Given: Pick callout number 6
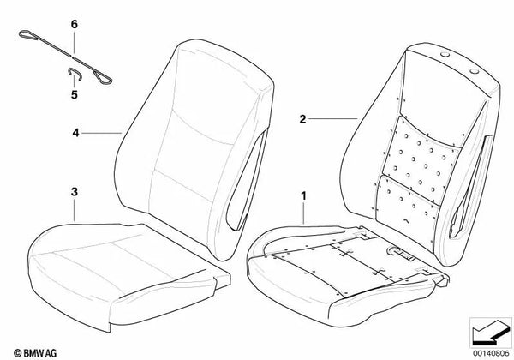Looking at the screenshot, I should pyautogui.click(x=74, y=27).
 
